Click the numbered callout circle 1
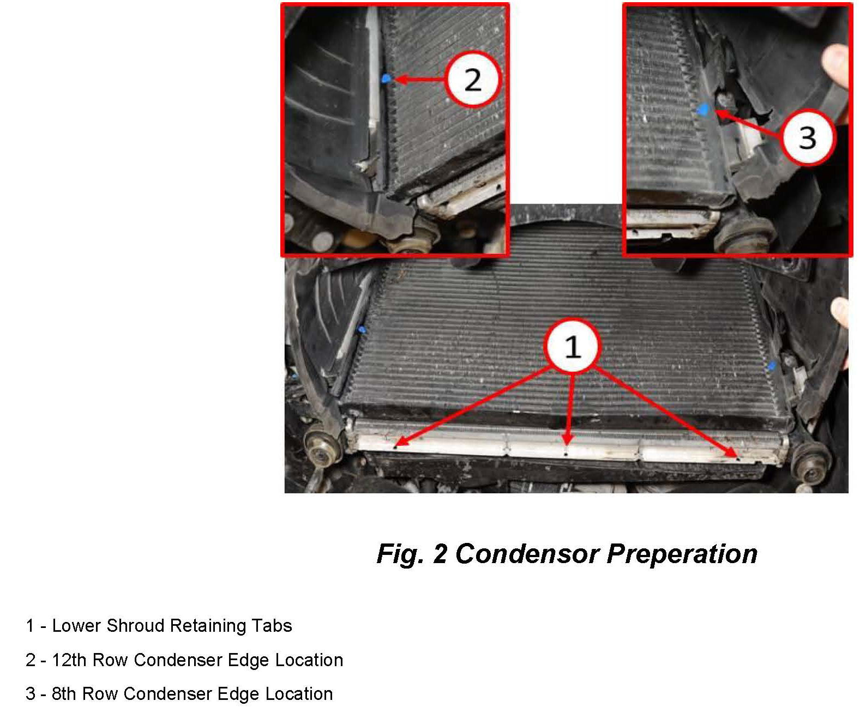573,346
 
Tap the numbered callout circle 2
473,79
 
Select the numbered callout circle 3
807,137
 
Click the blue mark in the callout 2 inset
386,78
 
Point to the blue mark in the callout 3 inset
702,110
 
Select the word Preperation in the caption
682,554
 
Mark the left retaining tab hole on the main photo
395,447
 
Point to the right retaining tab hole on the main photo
737,458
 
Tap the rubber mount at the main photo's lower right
811,463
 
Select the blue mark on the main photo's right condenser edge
772,366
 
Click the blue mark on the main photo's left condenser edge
362,330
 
